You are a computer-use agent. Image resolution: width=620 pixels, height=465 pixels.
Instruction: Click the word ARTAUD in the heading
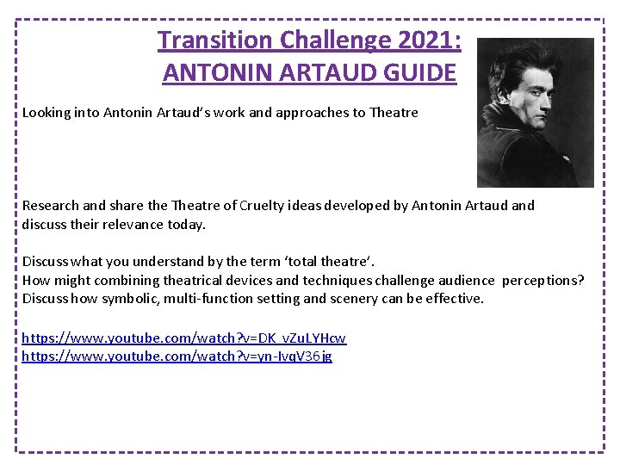point(332,72)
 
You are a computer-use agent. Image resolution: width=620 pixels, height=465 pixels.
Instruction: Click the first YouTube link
point(183,338)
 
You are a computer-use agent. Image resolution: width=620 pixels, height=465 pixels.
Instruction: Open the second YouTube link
point(177,356)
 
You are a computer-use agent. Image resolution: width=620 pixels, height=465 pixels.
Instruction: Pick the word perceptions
point(541,280)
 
